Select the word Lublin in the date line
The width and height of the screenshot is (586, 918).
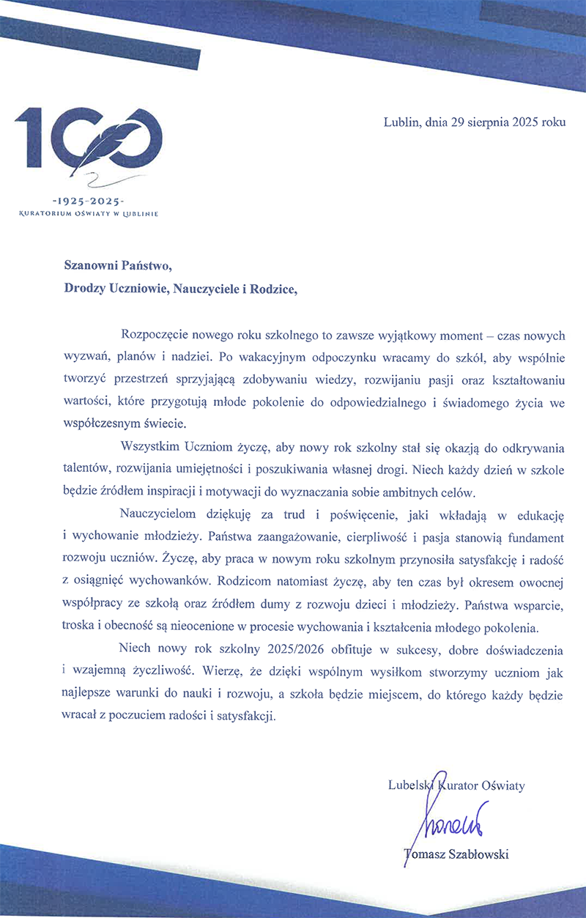(x=400, y=123)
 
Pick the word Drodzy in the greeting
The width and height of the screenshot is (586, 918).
(x=84, y=289)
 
